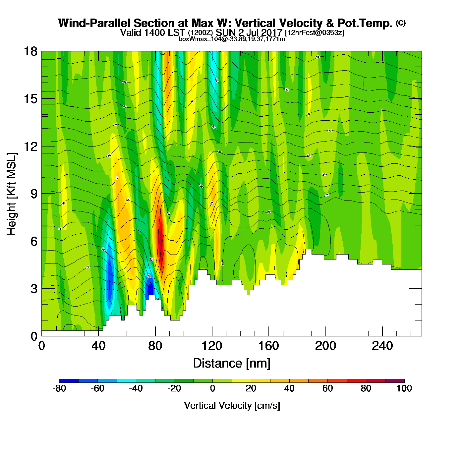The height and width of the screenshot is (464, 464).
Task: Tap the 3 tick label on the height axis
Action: (34, 289)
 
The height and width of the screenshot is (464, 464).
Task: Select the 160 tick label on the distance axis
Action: (268, 346)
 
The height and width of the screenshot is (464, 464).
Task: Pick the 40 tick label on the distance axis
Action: (98, 346)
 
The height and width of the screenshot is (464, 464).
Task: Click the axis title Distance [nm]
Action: (232, 363)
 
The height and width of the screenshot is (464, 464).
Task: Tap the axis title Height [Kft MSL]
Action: (12, 194)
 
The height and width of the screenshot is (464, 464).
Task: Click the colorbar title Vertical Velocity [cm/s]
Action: (232, 405)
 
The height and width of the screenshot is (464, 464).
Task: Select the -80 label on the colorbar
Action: (59, 388)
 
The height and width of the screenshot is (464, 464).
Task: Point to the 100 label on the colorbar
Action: (404, 388)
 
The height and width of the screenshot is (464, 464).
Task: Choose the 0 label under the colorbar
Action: (212, 388)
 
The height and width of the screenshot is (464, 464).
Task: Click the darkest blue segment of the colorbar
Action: (69, 380)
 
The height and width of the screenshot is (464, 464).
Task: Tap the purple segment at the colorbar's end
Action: (395, 380)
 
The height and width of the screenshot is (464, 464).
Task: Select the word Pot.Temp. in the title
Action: (365, 23)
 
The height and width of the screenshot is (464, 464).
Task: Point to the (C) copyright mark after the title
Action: (401, 23)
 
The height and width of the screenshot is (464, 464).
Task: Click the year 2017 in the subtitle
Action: (271, 32)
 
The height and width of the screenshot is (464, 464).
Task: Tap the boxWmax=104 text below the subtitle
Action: (196, 39)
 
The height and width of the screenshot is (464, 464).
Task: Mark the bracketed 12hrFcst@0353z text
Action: (315, 32)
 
